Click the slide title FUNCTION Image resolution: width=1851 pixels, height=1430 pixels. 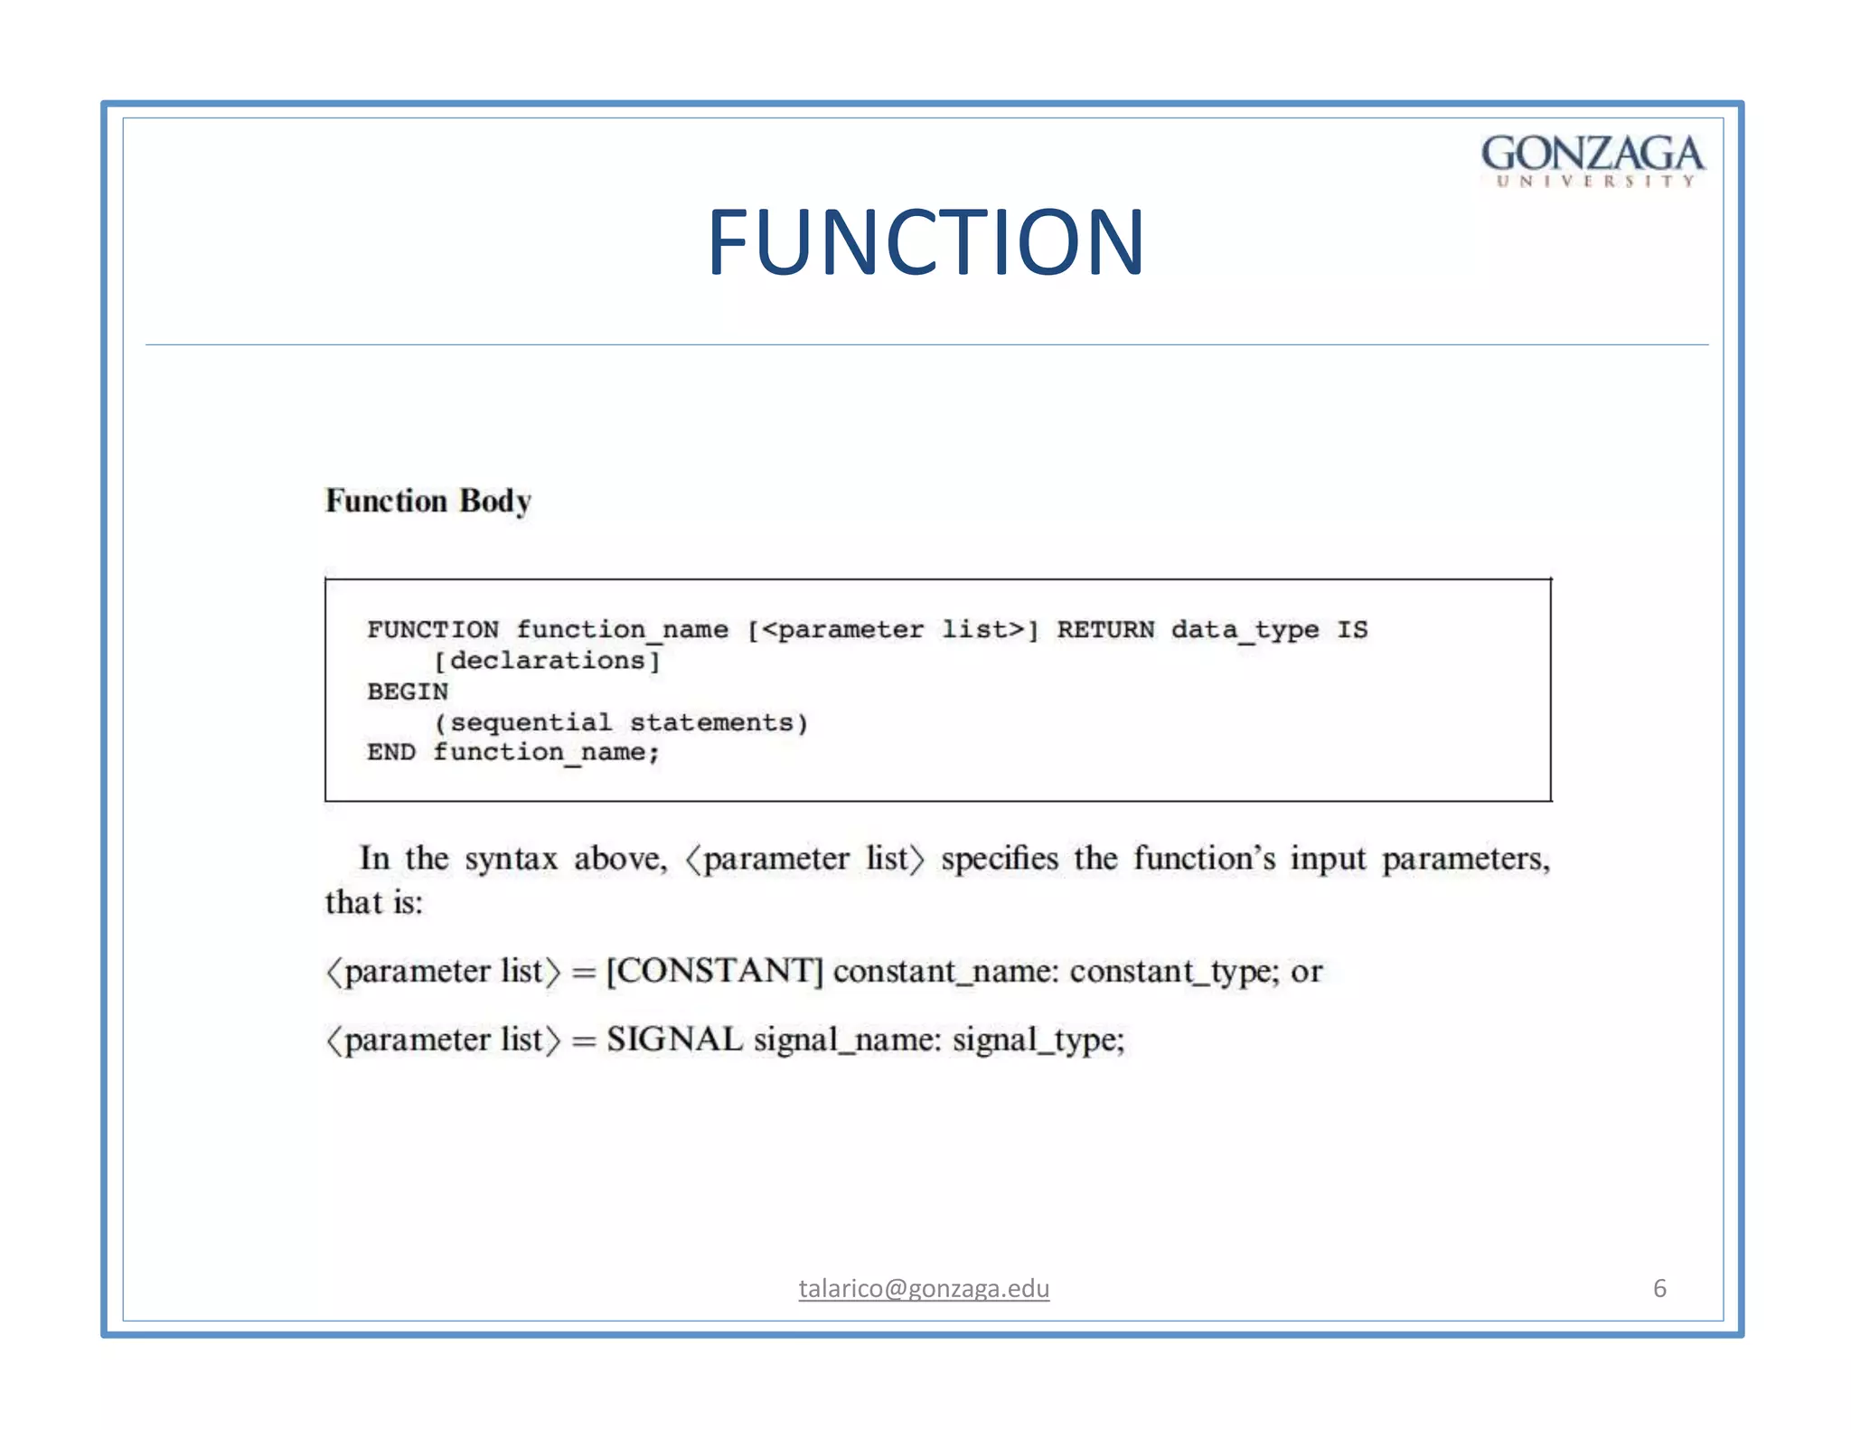point(925,241)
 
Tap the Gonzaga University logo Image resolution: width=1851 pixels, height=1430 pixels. point(1593,160)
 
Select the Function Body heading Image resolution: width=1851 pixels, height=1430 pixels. point(428,501)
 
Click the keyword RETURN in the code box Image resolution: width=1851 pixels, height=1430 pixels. point(1105,629)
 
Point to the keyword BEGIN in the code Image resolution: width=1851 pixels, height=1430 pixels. point(408,691)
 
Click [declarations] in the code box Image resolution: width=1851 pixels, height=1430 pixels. point(548,661)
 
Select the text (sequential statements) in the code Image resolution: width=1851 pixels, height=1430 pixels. point(621,722)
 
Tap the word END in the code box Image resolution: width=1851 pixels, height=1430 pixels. point(390,752)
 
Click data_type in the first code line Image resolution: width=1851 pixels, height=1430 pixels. point(1245,629)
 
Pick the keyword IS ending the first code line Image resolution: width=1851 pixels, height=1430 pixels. point(1352,629)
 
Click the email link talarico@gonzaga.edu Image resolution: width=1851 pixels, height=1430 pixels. point(924,1288)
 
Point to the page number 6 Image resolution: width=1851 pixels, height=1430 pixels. point(1659,1288)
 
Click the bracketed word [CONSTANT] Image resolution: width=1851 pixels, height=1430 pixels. point(714,971)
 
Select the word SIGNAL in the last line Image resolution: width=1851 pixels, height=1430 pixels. point(674,1040)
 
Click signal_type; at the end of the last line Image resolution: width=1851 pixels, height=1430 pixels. point(1038,1040)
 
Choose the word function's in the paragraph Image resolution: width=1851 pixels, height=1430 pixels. point(1205,858)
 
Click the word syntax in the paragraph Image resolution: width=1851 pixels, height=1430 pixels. point(512,859)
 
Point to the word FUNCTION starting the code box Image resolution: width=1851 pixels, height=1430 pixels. point(433,629)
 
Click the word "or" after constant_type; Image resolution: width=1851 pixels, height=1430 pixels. point(1307,972)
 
